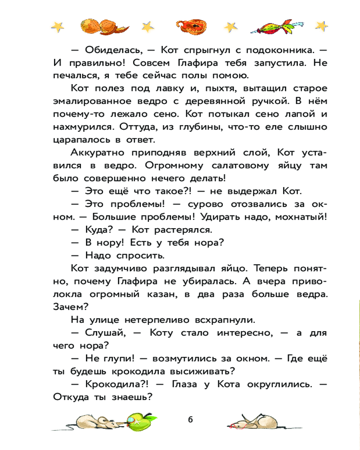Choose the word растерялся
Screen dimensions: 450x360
(x=186, y=229)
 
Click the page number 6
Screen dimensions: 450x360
(x=190, y=419)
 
